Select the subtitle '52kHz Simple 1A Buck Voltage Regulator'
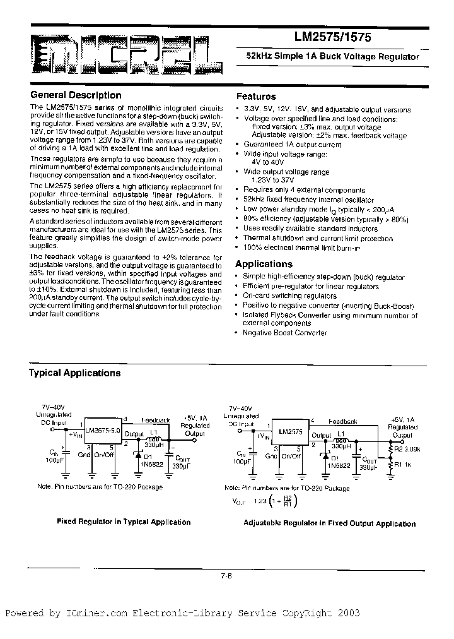point(333,57)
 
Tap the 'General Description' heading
point(76,95)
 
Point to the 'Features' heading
point(256,97)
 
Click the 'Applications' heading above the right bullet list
point(264,264)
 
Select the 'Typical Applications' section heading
point(74,373)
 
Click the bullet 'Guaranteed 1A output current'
point(293,145)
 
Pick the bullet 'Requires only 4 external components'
point(304,190)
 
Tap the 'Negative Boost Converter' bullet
point(284,333)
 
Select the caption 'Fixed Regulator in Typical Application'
point(124,522)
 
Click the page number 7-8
point(227,575)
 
